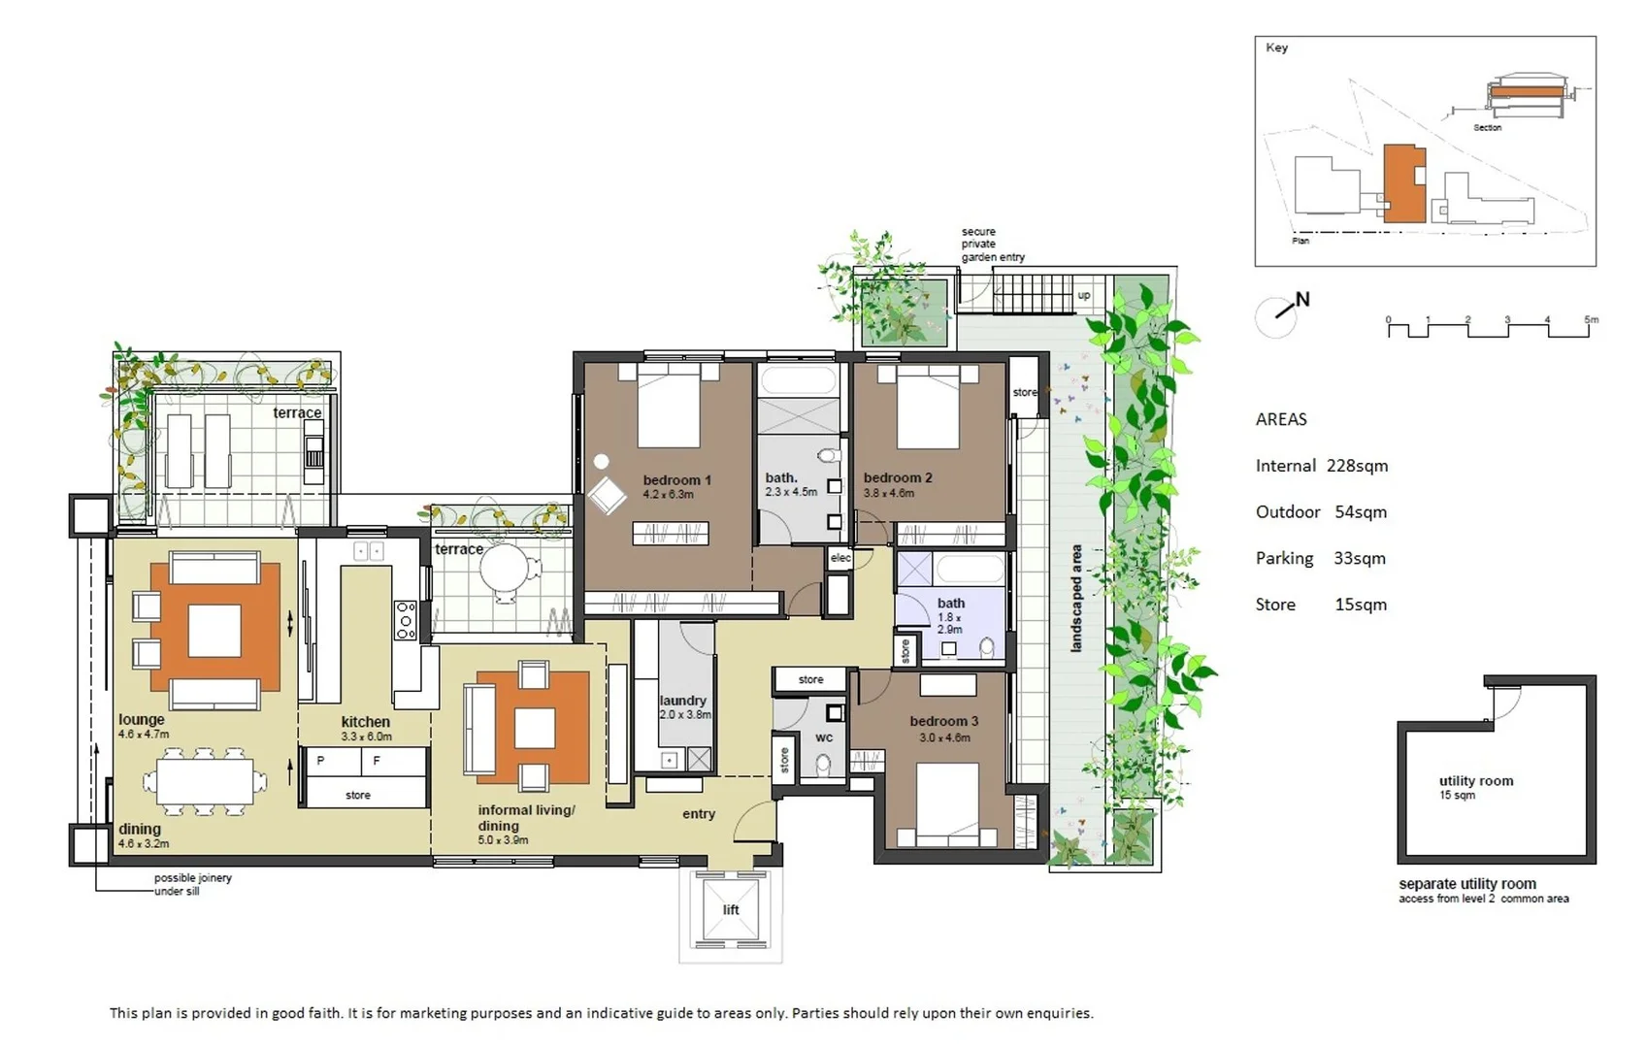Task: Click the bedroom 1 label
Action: [x=676, y=480]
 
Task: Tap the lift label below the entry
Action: [x=730, y=909]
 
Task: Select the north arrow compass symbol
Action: [x=1281, y=313]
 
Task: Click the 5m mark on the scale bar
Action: [x=1591, y=320]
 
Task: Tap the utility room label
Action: [x=1475, y=781]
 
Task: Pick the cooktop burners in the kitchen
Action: [x=405, y=620]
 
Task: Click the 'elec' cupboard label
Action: [x=840, y=558]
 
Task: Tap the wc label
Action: [x=824, y=737]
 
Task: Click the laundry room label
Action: [x=682, y=701]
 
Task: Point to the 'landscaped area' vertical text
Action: [x=1076, y=598]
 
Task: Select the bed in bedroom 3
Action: [x=947, y=806]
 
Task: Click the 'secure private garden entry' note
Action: [x=992, y=245]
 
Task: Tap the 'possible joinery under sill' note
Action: [x=192, y=884]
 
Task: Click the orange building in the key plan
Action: [x=1402, y=184]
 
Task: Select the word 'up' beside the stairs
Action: [x=1084, y=295]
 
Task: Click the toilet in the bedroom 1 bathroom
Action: [x=827, y=455]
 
